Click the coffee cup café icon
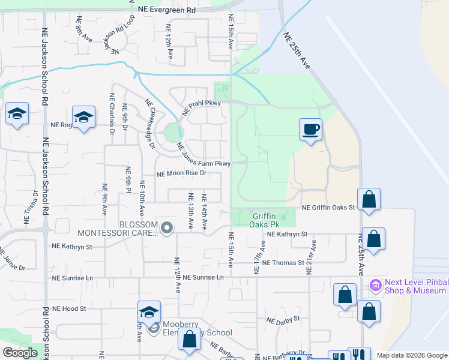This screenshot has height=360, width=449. click(310, 129)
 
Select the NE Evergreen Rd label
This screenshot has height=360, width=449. click(166, 10)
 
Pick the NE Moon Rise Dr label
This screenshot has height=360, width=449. click(181, 173)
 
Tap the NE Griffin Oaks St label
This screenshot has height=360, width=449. click(328, 208)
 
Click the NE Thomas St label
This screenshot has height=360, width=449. click(284, 263)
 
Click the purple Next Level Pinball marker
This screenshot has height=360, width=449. click(376, 285)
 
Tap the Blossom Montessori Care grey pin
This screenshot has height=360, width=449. click(167, 227)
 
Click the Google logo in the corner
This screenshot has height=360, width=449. click(20, 353)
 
